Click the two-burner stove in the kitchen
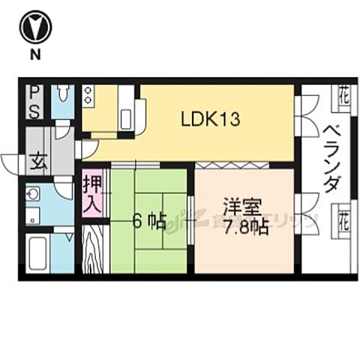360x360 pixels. [89, 95]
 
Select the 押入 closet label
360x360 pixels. [92, 191]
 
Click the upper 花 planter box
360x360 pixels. [342, 95]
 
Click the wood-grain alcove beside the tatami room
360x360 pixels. [94, 250]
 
